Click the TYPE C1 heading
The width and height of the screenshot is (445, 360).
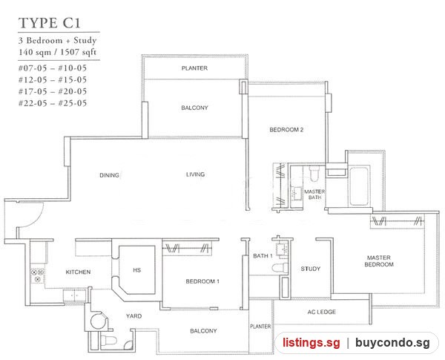click(x=50, y=23)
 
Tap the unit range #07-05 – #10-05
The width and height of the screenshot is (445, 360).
click(x=53, y=68)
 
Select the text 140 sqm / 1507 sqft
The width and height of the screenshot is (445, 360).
click(x=57, y=52)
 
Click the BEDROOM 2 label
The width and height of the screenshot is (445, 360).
click(x=286, y=130)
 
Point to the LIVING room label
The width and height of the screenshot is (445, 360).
click(x=195, y=174)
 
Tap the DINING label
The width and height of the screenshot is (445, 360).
click(x=109, y=175)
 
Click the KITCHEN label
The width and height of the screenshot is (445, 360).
click(x=78, y=272)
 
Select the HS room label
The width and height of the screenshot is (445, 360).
click(x=136, y=270)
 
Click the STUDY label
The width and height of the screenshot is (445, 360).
click(x=311, y=269)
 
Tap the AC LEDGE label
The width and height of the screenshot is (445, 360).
click(x=322, y=312)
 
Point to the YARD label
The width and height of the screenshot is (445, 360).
click(x=134, y=316)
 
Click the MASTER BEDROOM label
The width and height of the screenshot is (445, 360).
click(x=379, y=261)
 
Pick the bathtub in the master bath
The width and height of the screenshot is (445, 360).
click(x=359, y=186)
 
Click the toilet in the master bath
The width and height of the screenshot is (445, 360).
click(x=314, y=173)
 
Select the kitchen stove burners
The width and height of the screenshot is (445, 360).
click(x=38, y=276)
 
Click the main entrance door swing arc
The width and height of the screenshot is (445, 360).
click(x=35, y=219)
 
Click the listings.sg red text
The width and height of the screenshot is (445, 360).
click(x=311, y=343)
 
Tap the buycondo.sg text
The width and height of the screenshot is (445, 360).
click(x=392, y=343)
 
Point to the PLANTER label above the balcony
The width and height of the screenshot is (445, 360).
click(x=194, y=68)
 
